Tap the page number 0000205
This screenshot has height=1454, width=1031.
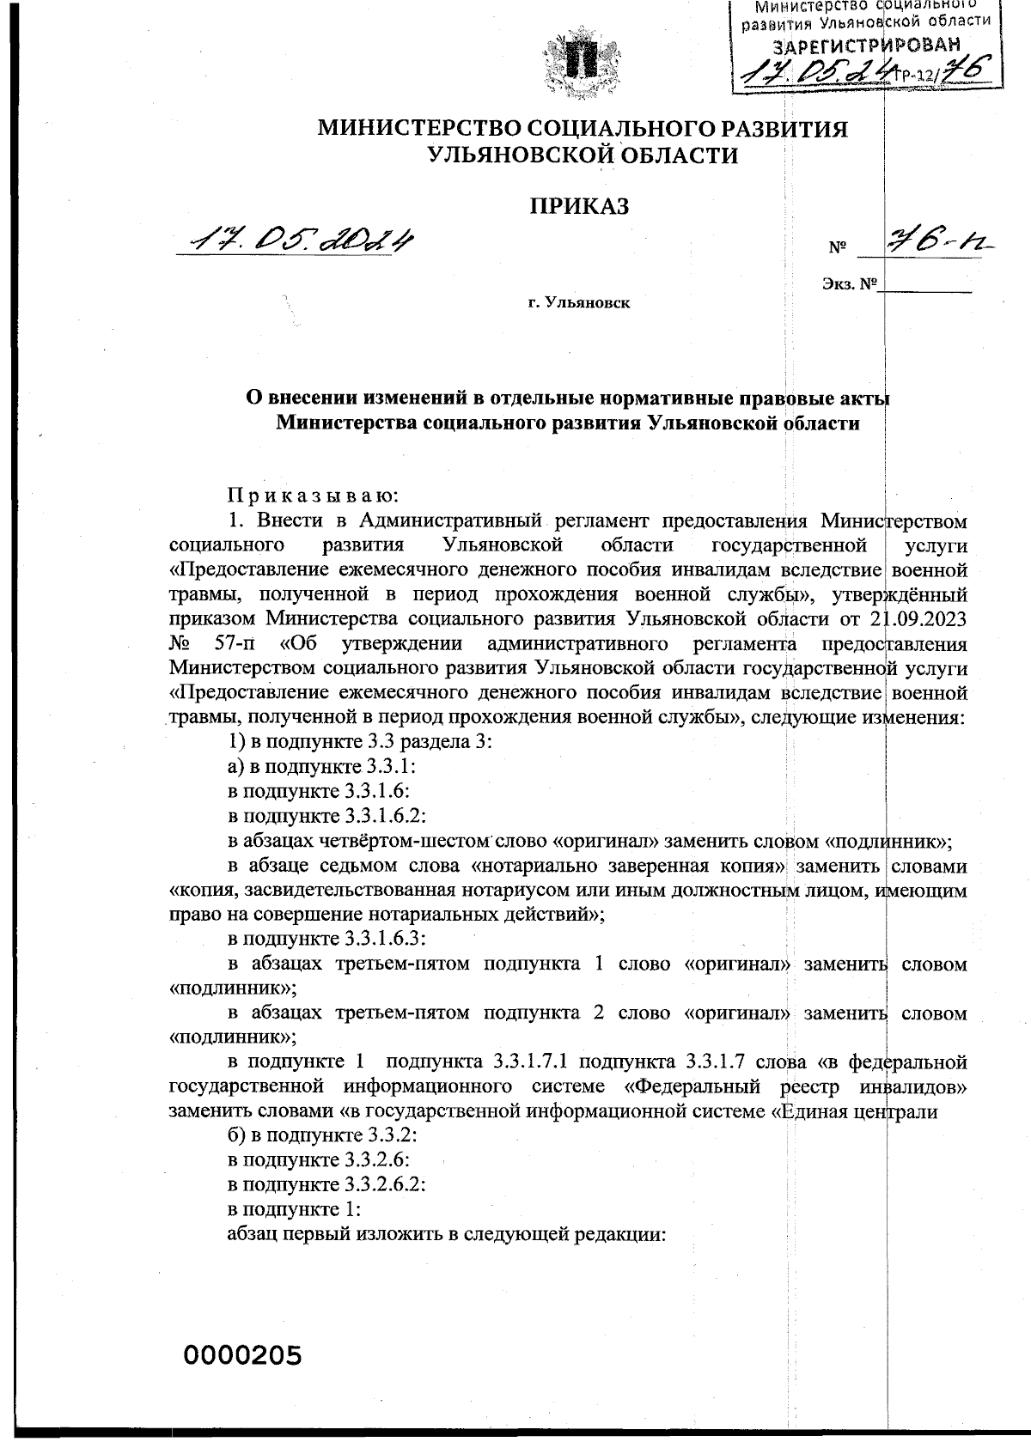click(x=243, y=1356)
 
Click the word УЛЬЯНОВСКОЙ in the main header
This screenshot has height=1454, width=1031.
click(x=515, y=155)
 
